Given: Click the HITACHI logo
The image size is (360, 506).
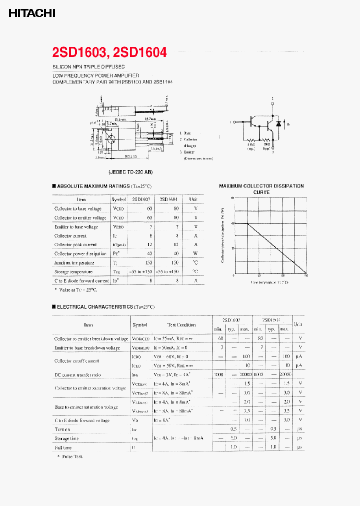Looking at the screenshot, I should point(31,13).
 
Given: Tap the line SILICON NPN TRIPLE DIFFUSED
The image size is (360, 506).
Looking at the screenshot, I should point(88,66).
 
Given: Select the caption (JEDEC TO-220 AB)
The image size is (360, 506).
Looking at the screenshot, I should point(131,171).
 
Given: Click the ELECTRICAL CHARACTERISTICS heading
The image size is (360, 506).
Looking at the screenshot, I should point(103,306).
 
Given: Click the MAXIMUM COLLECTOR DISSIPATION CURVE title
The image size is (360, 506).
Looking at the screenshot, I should point(261,189).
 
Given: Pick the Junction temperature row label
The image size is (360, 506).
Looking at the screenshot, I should point(74,262).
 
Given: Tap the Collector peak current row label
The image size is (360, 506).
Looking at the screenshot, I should point(75,244).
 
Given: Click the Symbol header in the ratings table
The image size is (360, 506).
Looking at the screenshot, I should point(118,199).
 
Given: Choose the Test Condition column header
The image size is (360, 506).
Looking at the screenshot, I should point(181,324).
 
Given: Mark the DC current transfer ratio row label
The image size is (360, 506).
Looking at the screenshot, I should point(77,374).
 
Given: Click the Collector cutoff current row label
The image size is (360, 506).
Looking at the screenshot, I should point(76,360).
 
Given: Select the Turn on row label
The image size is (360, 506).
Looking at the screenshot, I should point(62,429).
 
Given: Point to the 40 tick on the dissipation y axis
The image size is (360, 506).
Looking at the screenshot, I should point(232,223).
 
